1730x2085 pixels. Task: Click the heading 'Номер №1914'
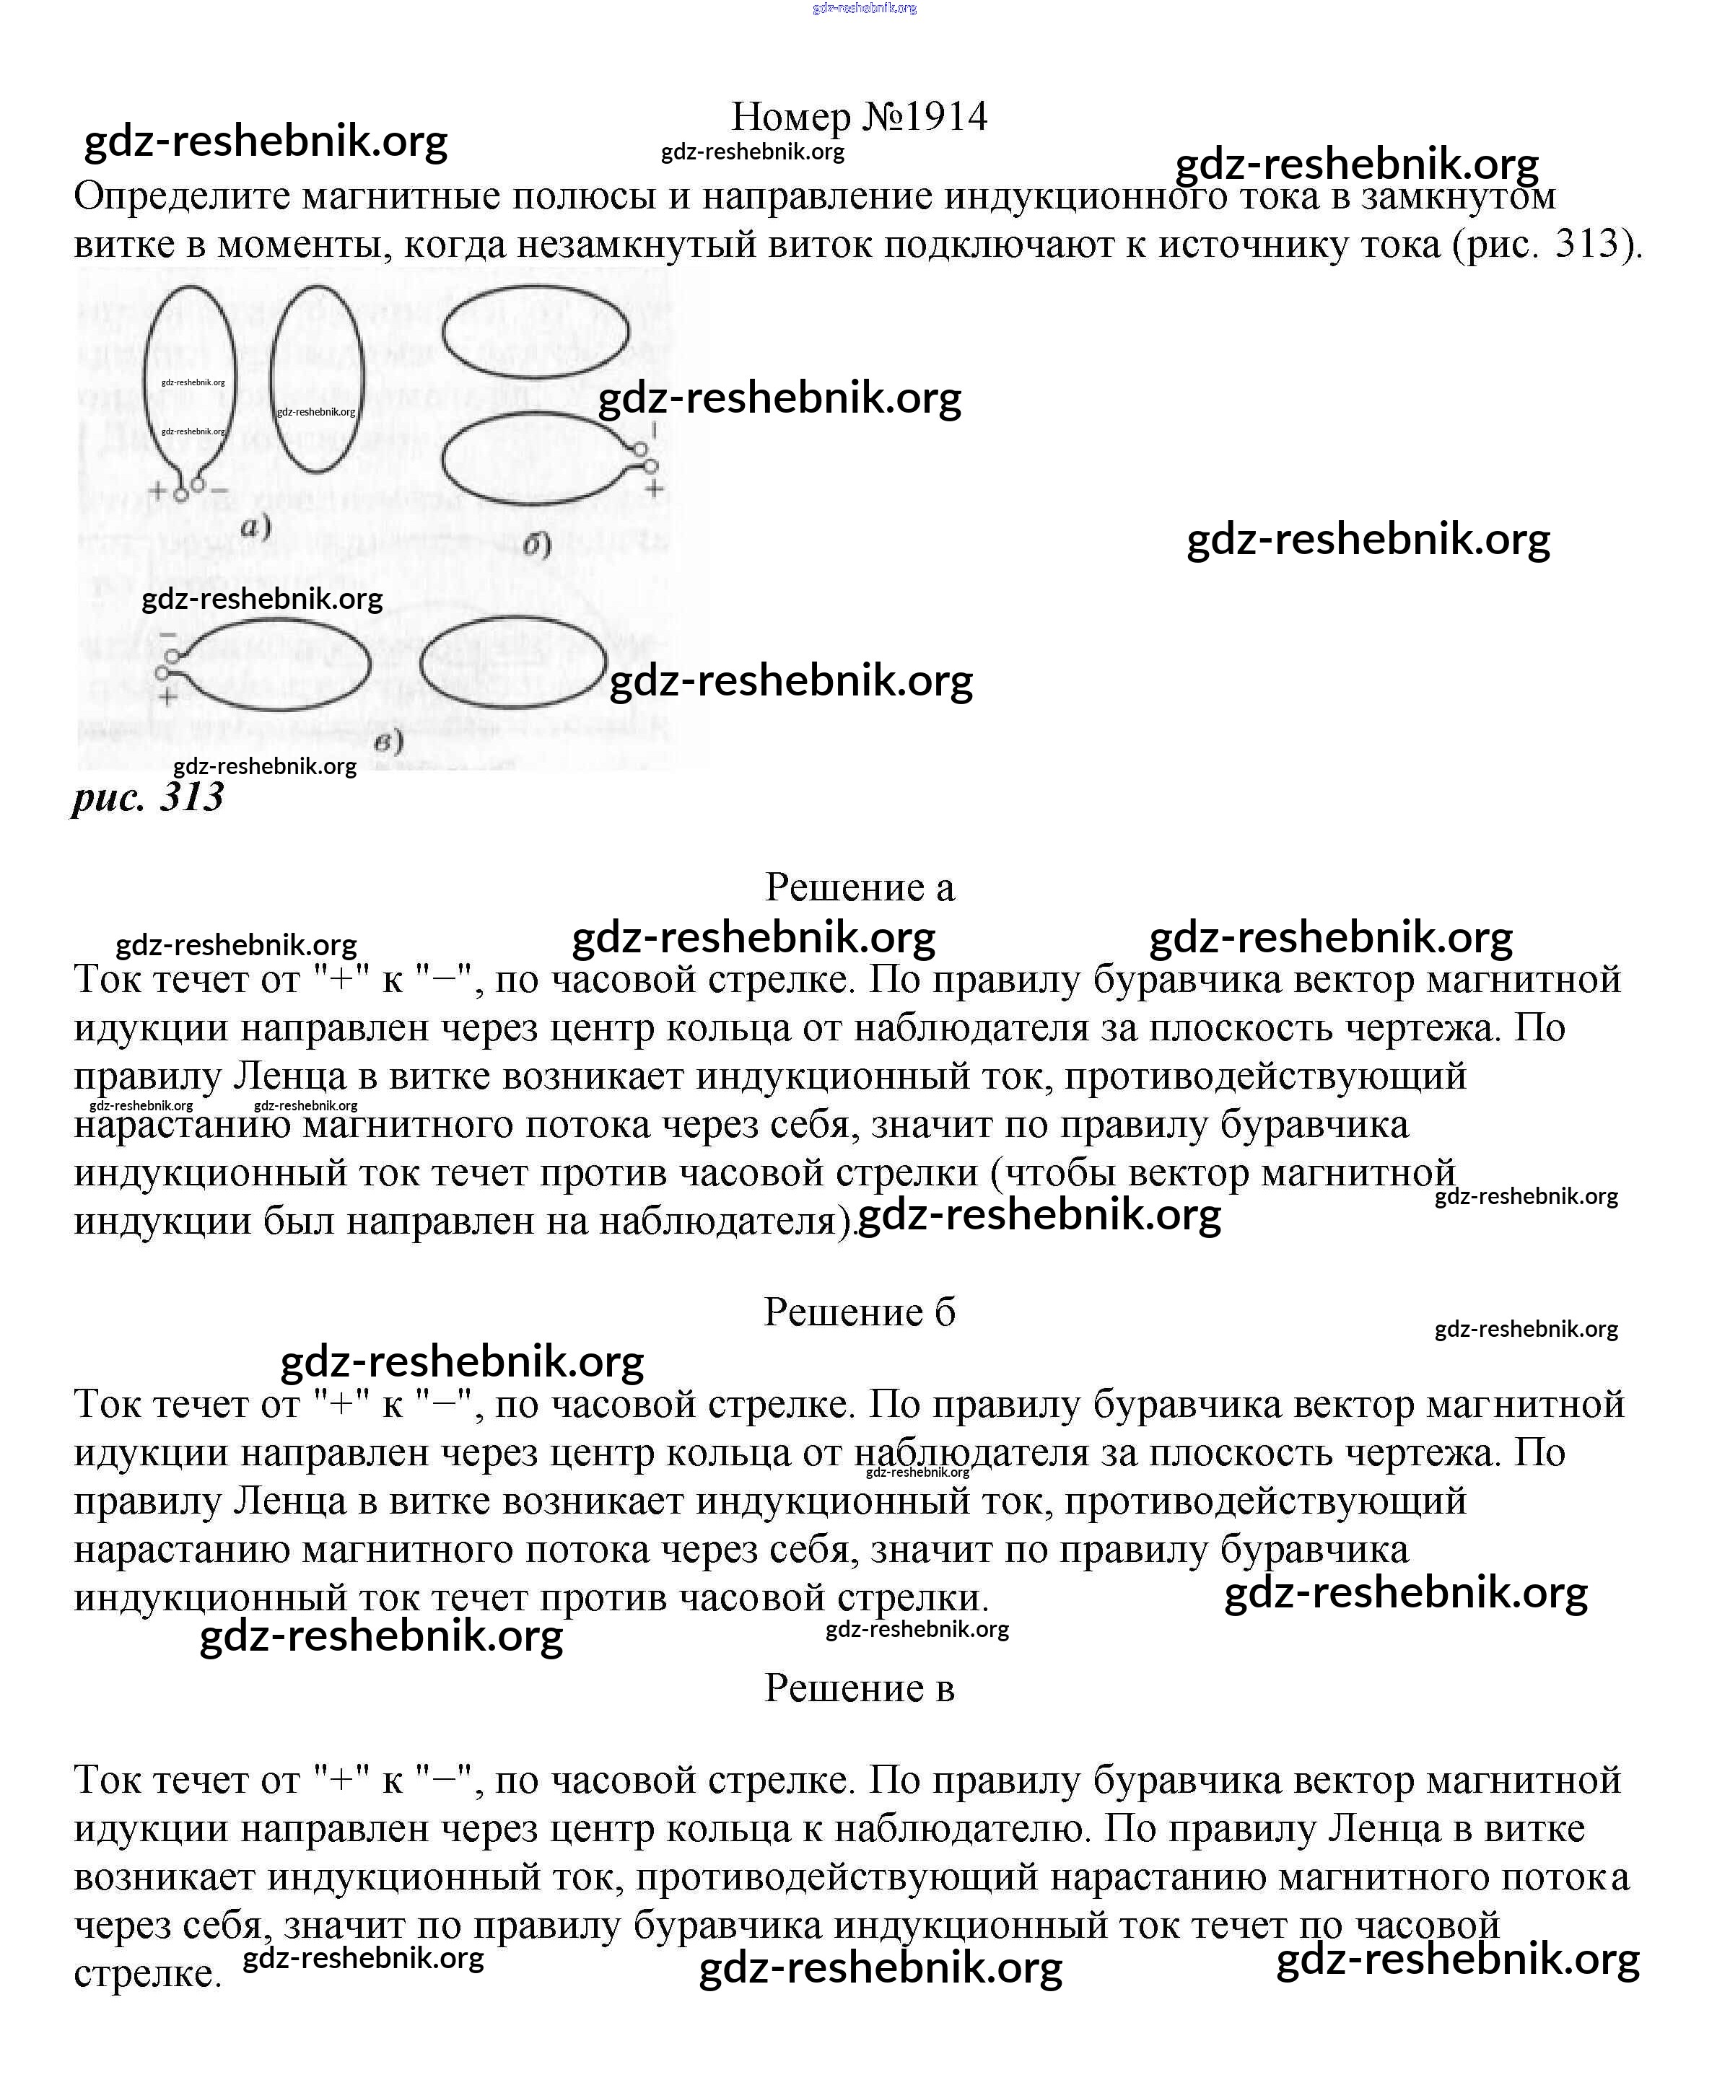pyautogui.click(x=859, y=117)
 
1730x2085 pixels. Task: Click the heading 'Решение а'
pyautogui.click(x=859, y=887)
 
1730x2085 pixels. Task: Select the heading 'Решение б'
pyautogui.click(x=859, y=1312)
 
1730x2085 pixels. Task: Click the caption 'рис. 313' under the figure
pyautogui.click(x=148, y=797)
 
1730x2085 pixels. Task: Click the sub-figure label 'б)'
pyautogui.click(x=536, y=545)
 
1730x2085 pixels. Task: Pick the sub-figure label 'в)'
pyautogui.click(x=388, y=742)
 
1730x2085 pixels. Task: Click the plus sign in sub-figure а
pyautogui.click(x=158, y=489)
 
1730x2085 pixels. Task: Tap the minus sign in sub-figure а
pyautogui.click(x=219, y=489)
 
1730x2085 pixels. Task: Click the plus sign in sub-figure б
pyautogui.click(x=653, y=488)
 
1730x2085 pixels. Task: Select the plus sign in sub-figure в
pyautogui.click(x=168, y=697)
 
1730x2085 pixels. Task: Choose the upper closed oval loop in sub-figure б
pyautogui.click(x=536, y=333)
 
